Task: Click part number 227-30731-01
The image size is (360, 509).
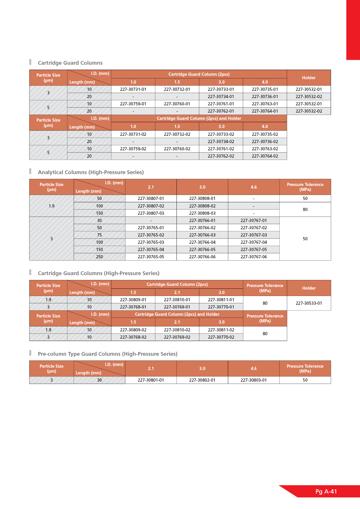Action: (133, 89)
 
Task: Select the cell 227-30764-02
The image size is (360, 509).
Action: (265, 156)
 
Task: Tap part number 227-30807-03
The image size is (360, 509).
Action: (151, 213)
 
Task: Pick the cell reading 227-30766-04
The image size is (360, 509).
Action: (202, 242)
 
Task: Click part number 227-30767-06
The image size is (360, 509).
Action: (254, 257)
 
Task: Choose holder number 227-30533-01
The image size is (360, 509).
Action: (309, 303)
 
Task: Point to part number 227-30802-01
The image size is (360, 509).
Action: (202, 380)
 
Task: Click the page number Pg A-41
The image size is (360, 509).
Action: (326, 492)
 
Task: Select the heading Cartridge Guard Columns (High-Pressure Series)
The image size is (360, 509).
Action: (99, 273)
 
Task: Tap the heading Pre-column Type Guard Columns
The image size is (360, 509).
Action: (108, 354)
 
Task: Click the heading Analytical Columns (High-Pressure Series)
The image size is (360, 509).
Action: (91, 172)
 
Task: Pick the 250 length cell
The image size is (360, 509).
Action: (99, 257)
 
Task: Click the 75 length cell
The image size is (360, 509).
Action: (99, 235)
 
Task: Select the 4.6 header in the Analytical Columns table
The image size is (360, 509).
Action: (254, 187)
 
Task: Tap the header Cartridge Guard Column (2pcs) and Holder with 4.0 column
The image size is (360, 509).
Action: (199, 118)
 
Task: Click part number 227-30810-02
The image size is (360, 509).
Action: (177, 330)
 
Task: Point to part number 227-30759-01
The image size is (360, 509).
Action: (133, 104)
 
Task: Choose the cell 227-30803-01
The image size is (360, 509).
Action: (254, 380)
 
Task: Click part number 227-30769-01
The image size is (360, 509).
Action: (177, 307)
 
